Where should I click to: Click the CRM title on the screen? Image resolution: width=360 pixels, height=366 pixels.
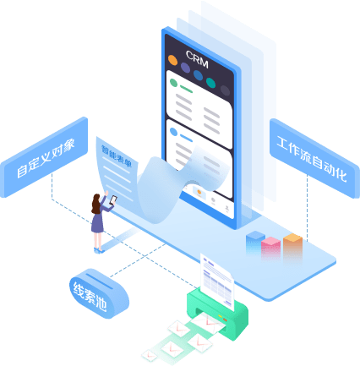tap(197, 59)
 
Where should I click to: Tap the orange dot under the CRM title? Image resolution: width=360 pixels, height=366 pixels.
tap(172, 60)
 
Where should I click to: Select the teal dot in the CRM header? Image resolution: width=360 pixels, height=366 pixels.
tap(210, 83)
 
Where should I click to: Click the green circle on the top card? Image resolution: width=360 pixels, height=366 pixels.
tap(173, 83)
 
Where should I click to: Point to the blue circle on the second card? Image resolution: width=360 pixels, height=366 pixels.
tap(173, 132)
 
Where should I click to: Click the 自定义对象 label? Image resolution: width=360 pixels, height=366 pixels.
tap(46, 159)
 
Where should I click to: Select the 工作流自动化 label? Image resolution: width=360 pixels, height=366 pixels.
tap(312, 159)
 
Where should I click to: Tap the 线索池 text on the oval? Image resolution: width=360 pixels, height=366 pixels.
tap(90, 297)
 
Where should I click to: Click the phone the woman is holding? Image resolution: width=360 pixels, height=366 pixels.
tap(113, 199)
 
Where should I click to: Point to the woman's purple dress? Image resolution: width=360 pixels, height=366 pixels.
tap(97, 221)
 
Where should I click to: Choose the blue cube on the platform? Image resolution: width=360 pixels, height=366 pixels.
tap(255, 239)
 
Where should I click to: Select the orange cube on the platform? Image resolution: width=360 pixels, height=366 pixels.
tap(292, 243)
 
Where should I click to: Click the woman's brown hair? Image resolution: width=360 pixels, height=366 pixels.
tap(95, 204)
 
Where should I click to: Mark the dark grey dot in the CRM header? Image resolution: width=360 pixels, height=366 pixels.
tap(225, 90)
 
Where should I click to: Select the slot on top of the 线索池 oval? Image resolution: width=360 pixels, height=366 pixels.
tap(99, 281)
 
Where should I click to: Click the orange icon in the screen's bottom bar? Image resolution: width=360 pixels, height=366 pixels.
tap(199, 193)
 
